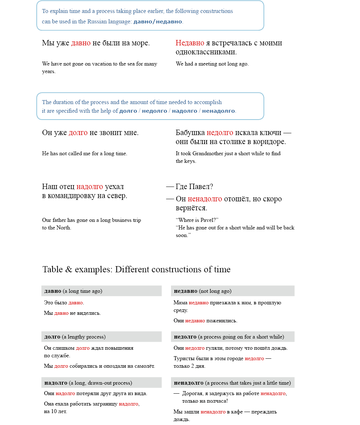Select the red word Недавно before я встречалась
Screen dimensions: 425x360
[x=190, y=43]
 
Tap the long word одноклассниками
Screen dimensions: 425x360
[x=206, y=52]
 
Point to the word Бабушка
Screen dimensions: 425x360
[x=190, y=133]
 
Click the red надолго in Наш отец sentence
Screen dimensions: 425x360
[x=90, y=187]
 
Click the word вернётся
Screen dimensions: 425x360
[x=191, y=208]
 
